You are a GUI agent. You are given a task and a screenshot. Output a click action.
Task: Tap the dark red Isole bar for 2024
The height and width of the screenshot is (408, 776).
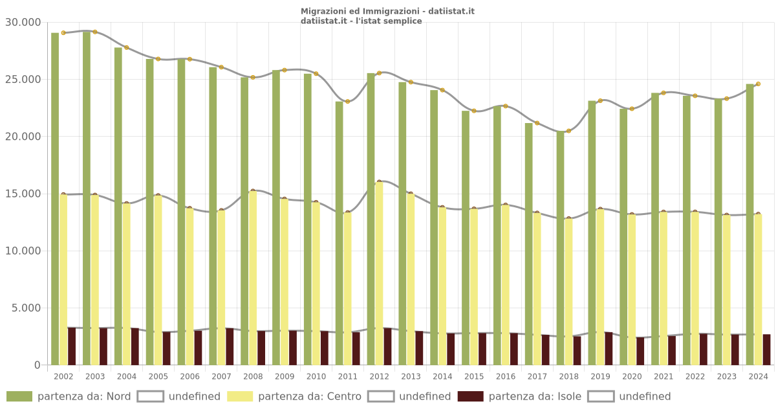tap(766, 350)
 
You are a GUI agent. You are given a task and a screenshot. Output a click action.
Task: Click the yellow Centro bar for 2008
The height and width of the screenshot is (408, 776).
tap(253, 278)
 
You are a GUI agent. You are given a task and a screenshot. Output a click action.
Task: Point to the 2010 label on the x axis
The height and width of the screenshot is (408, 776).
tap(316, 376)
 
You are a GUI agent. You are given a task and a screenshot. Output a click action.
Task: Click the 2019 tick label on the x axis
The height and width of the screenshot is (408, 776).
tap(601, 376)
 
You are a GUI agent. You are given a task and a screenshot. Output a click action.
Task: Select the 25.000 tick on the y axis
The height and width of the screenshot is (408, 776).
tap(23, 80)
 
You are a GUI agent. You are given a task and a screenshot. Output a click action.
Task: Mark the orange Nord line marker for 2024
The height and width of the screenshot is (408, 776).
tap(758, 84)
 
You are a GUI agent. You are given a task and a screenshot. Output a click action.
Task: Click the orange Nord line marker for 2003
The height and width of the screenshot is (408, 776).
tap(94, 32)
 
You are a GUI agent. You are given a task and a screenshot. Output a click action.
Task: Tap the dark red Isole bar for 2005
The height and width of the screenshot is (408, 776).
tap(166, 348)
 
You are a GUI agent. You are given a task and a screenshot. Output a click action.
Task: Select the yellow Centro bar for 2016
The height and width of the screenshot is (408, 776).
tap(505, 285)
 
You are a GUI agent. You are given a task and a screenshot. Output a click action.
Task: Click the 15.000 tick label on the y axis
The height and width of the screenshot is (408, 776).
tap(23, 194)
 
